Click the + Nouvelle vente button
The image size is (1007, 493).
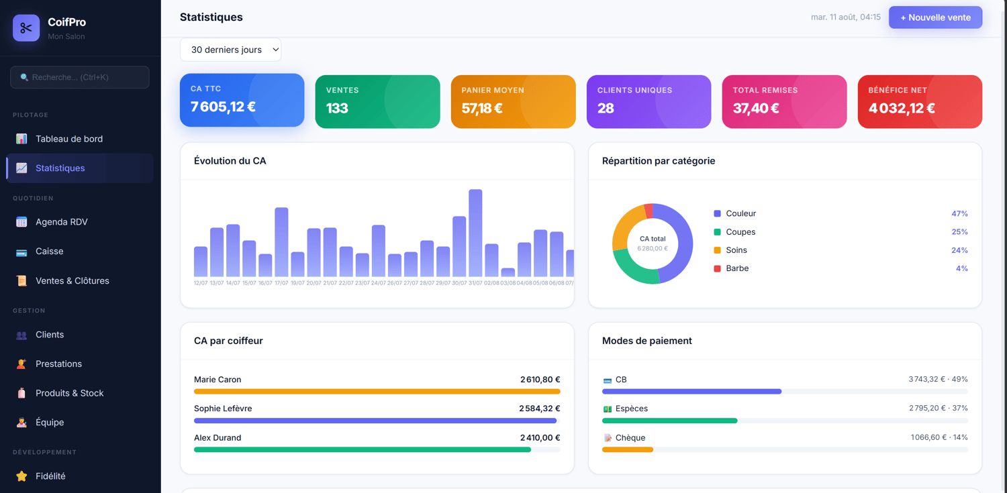pos(935,17)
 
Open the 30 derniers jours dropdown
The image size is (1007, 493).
pos(231,50)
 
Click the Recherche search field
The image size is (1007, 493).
pos(80,77)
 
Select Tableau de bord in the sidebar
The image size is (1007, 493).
pos(68,139)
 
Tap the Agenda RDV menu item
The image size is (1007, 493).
pos(62,222)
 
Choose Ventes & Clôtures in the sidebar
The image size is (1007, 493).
pos(72,280)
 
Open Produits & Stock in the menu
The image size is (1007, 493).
pos(69,393)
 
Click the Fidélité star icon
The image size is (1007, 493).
pos(21,476)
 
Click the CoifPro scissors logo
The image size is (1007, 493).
pos(26,28)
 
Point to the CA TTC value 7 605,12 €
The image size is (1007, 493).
pos(223,107)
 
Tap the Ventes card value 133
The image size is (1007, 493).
pos(337,108)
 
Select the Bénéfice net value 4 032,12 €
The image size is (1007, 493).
pos(902,108)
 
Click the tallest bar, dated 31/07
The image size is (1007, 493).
pos(475,233)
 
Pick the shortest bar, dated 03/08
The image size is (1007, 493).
pos(508,272)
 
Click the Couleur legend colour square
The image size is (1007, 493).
pos(718,214)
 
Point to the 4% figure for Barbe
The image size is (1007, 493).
pos(961,268)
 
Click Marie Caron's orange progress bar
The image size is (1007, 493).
pos(377,392)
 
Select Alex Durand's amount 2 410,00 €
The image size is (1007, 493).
pos(540,438)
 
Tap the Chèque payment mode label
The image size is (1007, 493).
pos(630,438)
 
